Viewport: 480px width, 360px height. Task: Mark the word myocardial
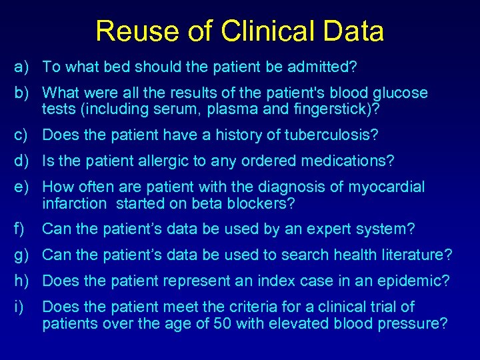[x=387, y=187]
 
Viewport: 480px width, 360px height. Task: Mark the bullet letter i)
[x=22, y=307]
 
